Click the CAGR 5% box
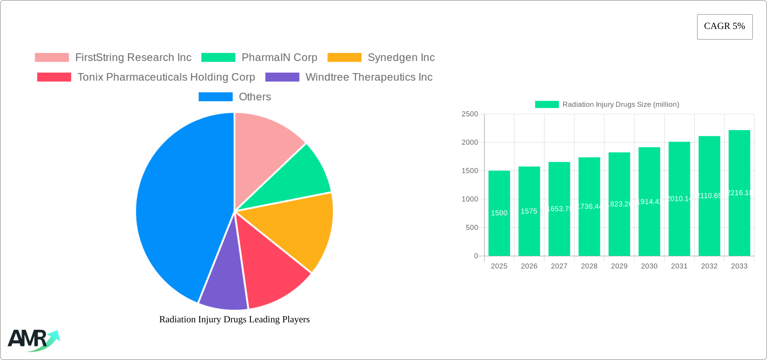(725, 27)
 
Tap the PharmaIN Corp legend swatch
(218, 58)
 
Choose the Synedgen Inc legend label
(401, 58)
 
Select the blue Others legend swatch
(215, 97)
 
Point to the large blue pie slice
(178, 209)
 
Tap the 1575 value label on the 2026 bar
(529, 211)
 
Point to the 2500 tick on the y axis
(470, 114)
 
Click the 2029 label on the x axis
(619, 266)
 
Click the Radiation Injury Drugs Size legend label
(621, 105)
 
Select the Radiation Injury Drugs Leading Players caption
(234, 319)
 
